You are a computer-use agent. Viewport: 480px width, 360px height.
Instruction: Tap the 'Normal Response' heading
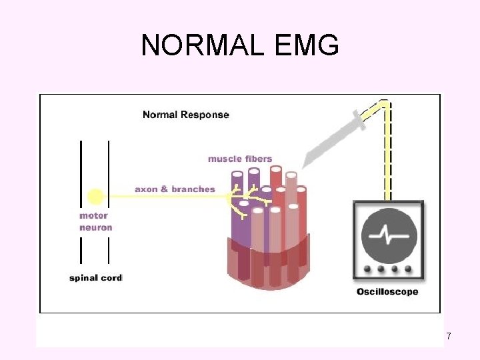pyautogui.click(x=185, y=115)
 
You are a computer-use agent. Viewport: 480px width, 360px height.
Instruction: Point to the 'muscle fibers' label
pyautogui.click(x=240, y=159)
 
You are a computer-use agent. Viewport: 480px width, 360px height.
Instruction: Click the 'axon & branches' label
pyautogui.click(x=175, y=189)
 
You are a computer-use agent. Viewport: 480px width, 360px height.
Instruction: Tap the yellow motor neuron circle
pyautogui.click(x=95, y=196)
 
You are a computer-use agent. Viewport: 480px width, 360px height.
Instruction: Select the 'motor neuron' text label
pyautogui.click(x=95, y=221)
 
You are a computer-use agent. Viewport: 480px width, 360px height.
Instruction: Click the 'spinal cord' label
pyautogui.click(x=95, y=277)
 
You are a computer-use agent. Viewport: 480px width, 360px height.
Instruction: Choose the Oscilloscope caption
pyautogui.click(x=387, y=291)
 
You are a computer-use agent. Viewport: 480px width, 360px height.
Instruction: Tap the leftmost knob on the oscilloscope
pyautogui.click(x=368, y=270)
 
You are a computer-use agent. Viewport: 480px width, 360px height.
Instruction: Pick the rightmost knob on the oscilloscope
pyautogui.click(x=409, y=270)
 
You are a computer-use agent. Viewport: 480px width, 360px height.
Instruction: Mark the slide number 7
pyautogui.click(x=448, y=337)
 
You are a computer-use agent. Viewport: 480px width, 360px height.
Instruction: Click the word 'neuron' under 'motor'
pyautogui.click(x=95, y=227)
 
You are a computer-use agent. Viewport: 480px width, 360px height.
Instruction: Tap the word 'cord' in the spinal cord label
pyautogui.click(x=111, y=277)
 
